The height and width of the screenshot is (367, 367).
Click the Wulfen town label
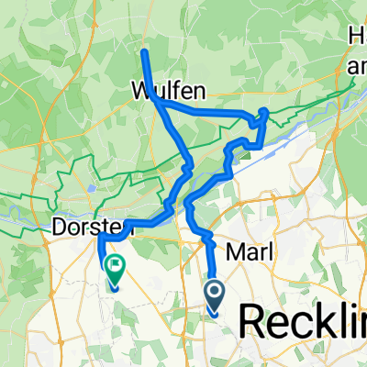pos(167,92)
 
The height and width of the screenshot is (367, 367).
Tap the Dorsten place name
pos(84,225)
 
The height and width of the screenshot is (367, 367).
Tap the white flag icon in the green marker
pos(117,269)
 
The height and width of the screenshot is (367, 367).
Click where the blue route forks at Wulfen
pos(161,104)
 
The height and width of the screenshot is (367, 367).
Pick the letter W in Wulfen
pos(141,92)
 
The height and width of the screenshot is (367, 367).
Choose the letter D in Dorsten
pos(59,225)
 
